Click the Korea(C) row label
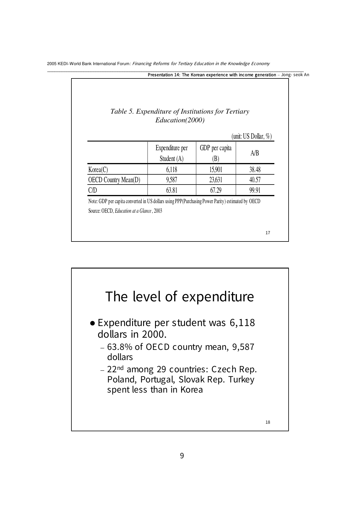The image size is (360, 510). point(98,170)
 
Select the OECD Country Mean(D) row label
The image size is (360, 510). point(114,180)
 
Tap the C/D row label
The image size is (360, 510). point(93,190)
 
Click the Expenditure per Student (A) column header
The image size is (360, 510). point(172,153)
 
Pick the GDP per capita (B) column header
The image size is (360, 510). point(216,153)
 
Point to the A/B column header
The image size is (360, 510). point(255,153)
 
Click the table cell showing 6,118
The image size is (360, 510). point(172,170)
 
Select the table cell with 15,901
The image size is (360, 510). point(216,170)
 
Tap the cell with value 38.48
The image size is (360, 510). point(255,170)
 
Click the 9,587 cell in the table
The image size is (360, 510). point(172,180)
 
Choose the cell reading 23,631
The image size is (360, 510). point(216,180)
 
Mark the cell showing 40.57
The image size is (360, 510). point(255,180)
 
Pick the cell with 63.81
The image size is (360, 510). point(172,190)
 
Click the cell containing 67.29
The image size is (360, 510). point(216,190)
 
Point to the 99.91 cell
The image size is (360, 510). point(255,190)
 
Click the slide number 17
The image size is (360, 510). point(268,233)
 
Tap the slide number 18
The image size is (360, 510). point(268,422)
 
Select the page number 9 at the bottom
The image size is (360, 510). point(182,456)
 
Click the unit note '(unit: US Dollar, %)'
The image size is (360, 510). point(251,136)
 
